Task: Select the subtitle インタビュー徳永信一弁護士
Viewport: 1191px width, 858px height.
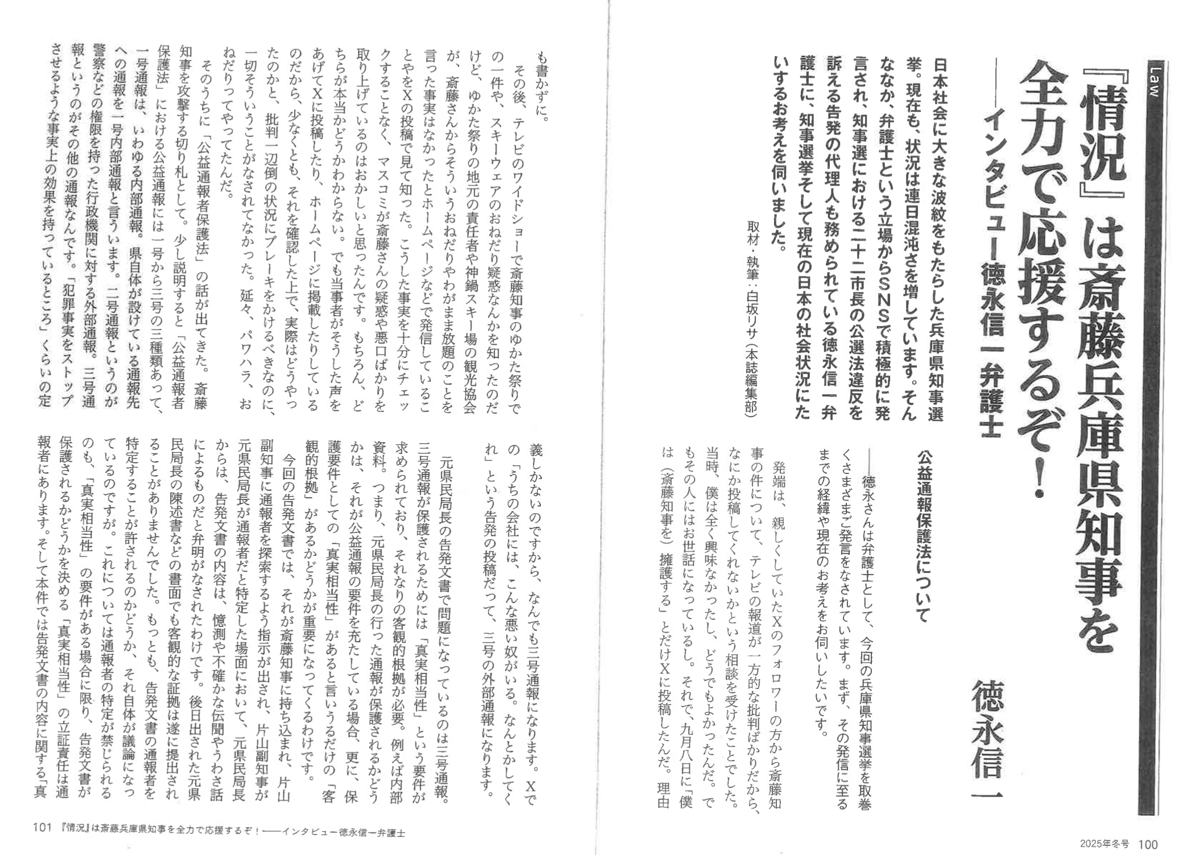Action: point(989,273)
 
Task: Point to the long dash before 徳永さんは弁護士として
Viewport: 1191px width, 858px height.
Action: point(869,461)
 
